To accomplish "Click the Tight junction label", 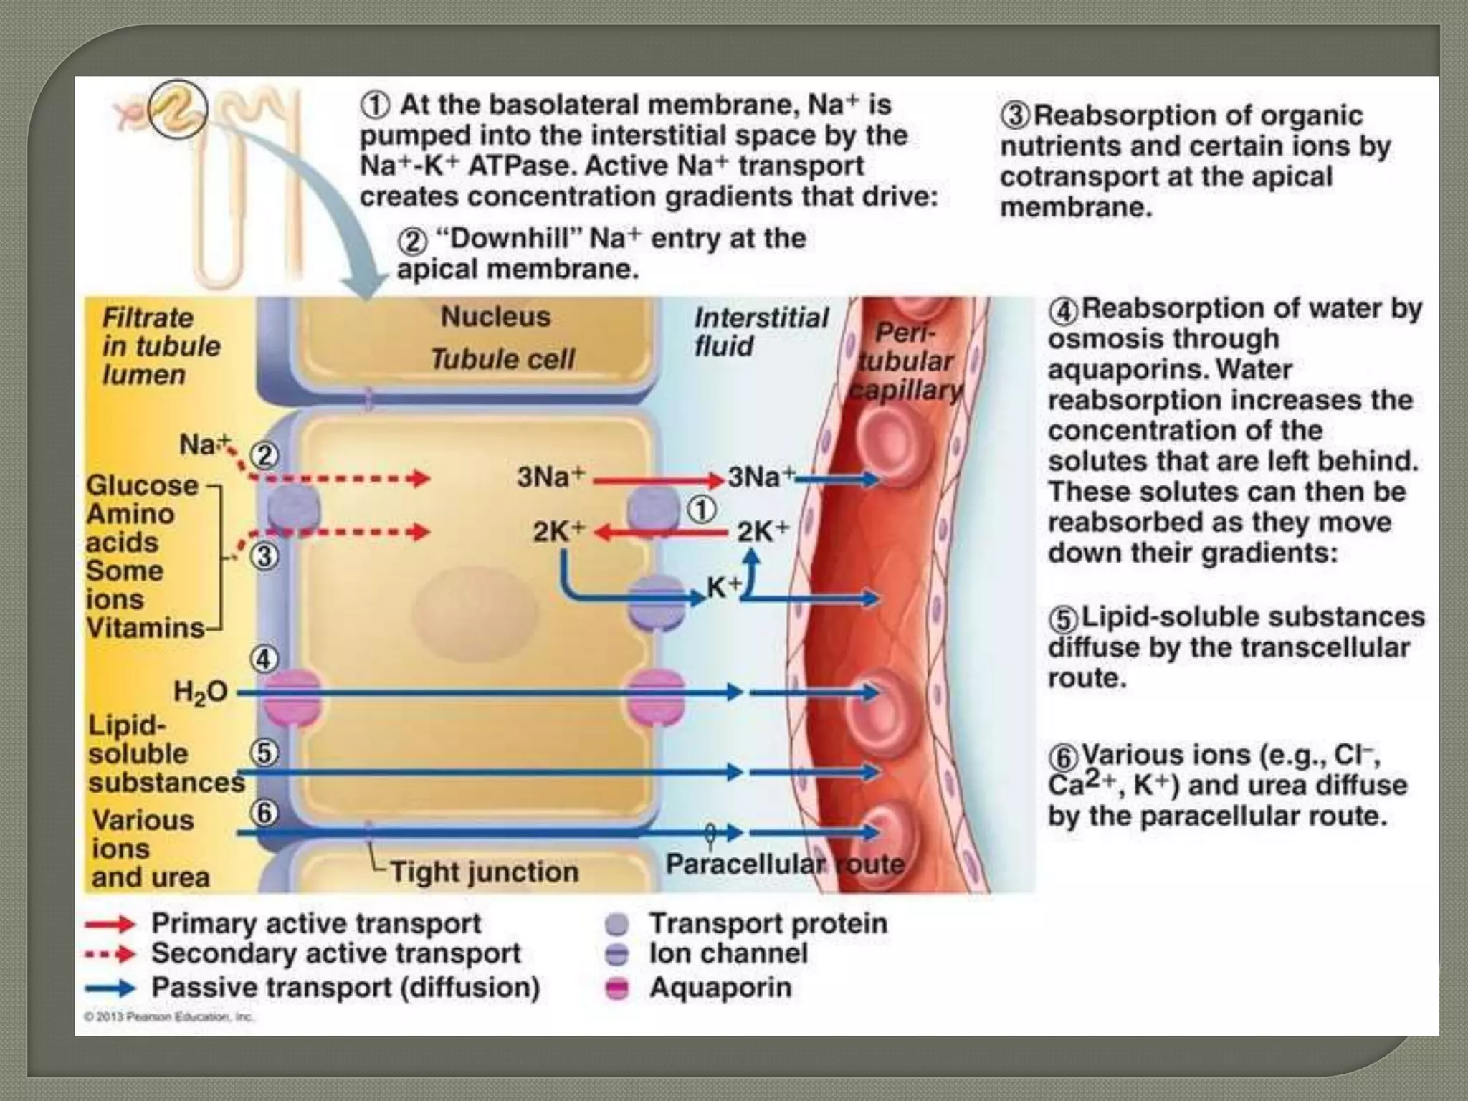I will tap(485, 872).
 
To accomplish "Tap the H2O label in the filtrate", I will tap(200, 692).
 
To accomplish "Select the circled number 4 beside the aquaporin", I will tap(263, 659).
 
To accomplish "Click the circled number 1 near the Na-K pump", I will tap(702, 510).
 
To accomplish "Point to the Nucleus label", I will tap(495, 317).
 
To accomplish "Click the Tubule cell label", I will tap(502, 359).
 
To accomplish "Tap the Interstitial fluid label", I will tap(760, 332).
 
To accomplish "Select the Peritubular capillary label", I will tap(906, 362).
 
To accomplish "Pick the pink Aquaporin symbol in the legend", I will tap(616, 988).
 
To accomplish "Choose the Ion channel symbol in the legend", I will tap(616, 955).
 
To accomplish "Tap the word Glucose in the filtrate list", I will tap(142, 485).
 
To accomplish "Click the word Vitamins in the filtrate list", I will tap(146, 628).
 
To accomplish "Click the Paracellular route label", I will tap(784, 864).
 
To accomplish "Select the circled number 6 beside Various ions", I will tap(264, 813).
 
